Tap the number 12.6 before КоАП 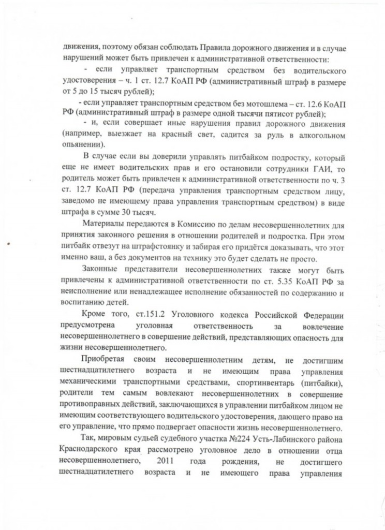tap(306, 104)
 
